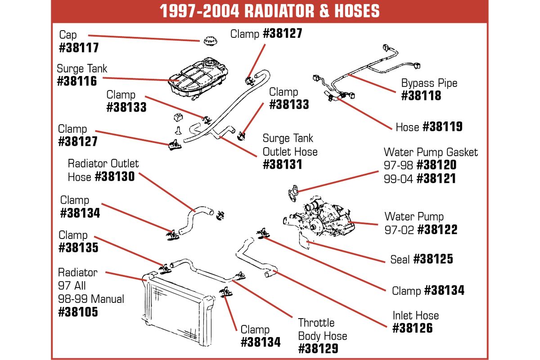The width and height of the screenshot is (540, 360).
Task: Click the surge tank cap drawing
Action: point(210,41)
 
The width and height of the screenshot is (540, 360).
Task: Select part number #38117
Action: point(79,48)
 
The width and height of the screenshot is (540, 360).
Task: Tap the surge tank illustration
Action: point(198,78)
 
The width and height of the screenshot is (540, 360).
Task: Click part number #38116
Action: point(77,81)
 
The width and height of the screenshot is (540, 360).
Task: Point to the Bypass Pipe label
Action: point(429,83)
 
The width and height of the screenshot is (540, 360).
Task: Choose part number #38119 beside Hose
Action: point(443,126)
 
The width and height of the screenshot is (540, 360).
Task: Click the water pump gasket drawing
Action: point(293,193)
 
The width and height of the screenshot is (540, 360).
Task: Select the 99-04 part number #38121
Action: point(436,179)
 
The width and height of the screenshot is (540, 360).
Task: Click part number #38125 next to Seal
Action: point(433,259)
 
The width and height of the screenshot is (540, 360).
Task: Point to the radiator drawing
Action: point(178,310)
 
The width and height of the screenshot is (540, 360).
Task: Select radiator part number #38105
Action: point(78,312)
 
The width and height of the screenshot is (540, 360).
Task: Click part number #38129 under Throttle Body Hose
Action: point(318,349)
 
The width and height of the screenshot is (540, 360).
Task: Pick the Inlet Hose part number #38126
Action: point(413,328)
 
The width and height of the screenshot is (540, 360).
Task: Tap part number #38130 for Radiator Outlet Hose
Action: point(115,176)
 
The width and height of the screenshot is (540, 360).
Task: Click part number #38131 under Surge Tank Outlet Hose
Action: point(283,165)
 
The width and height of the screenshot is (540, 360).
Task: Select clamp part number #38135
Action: point(79,247)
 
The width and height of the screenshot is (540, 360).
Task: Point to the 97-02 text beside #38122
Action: point(399,230)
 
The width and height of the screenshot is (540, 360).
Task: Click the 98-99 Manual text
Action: point(91,299)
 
